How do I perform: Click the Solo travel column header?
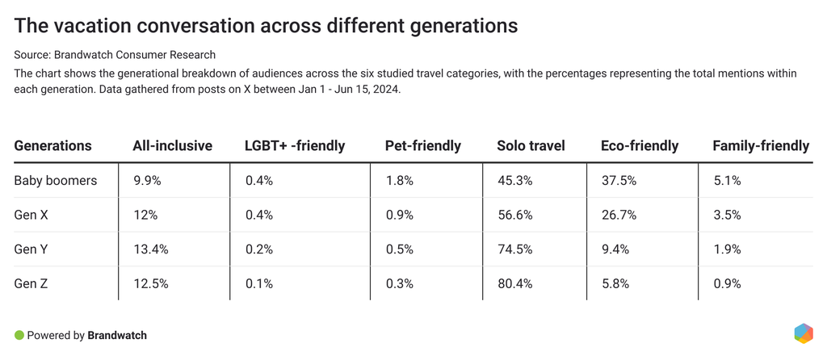[x=531, y=146]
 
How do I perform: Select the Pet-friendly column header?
[x=422, y=146]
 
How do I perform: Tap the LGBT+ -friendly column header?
[x=295, y=146]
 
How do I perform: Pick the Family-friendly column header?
[x=760, y=146]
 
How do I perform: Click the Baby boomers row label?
[x=55, y=181]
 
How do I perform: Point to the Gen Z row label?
[x=31, y=284]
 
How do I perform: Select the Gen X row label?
[x=31, y=216]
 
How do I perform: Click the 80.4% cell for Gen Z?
[x=514, y=284]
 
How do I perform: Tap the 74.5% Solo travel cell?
[x=514, y=249]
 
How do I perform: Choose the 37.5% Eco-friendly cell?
[x=618, y=181]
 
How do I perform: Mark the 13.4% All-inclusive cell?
[x=150, y=249]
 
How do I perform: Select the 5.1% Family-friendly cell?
[x=726, y=181]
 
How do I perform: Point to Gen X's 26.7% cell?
[x=618, y=216]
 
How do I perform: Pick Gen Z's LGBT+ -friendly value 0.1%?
[x=258, y=284]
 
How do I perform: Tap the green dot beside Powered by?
[x=19, y=335]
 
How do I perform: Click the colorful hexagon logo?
[x=803, y=333]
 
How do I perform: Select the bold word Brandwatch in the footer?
[x=117, y=335]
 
